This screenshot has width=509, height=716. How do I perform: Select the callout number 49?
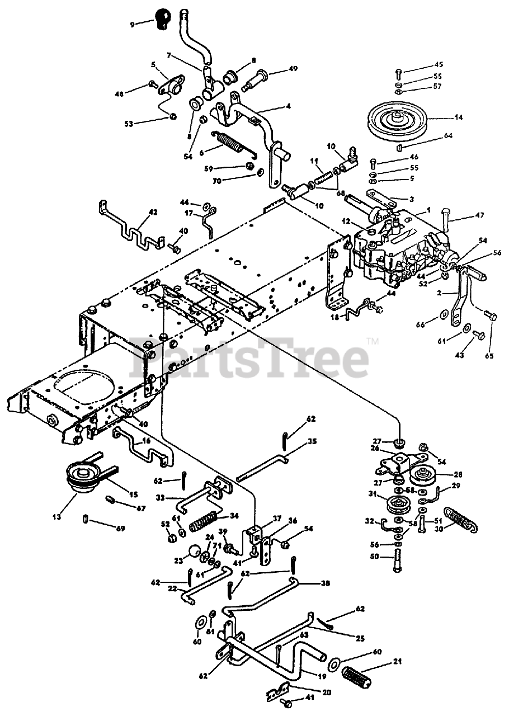[x=293, y=69]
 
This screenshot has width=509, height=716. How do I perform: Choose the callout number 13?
[x=58, y=514]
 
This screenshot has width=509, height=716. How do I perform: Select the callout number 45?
[x=439, y=65]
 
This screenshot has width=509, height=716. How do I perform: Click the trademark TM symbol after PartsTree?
[x=373, y=342]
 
